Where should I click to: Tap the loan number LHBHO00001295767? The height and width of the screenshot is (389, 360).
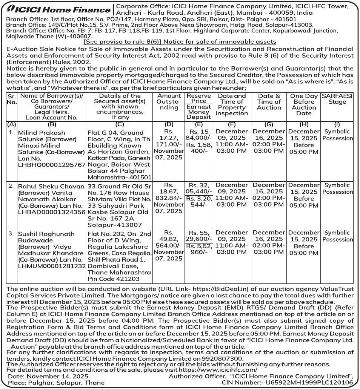coord(52,165)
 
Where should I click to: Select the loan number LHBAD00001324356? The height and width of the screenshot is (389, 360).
coord(52,212)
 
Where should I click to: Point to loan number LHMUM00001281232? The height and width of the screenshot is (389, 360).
coord(52,266)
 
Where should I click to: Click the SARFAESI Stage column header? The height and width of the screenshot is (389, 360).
coord(337,99)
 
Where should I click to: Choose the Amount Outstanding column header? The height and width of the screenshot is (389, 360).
coord(169,102)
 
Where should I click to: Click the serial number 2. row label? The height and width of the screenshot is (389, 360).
coord(11,186)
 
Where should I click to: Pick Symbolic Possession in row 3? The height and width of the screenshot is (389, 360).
coord(337,236)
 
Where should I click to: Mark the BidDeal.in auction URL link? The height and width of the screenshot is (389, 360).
coord(198,289)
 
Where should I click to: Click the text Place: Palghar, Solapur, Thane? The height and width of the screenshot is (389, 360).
coord(56,383)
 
